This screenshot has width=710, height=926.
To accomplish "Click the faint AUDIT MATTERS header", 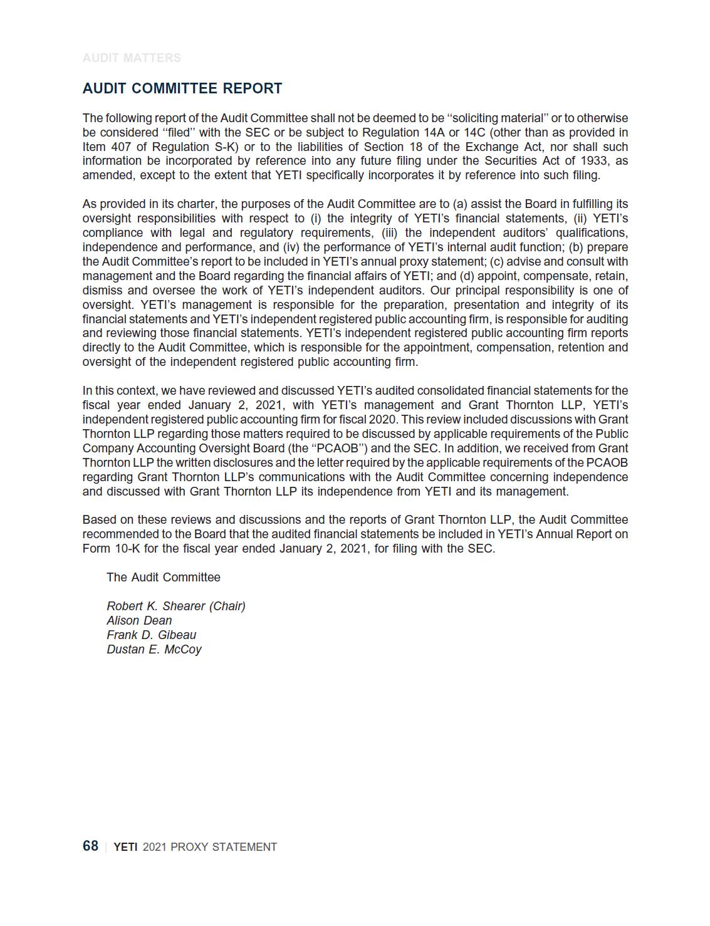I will coord(132,58).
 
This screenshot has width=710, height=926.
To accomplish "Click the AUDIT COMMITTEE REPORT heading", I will coord(182,88).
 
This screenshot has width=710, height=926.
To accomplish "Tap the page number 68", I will coord(90,846).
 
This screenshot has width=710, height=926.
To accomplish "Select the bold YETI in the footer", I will coord(125,847).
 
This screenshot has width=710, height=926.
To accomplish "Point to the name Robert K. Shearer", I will coord(156,606).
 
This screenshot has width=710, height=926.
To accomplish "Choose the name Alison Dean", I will coord(139,620).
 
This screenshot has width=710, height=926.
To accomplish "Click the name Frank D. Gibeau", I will coord(151,635).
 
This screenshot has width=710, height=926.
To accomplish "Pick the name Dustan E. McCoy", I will coord(154,649).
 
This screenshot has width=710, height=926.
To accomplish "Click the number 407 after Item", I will coord(120,147).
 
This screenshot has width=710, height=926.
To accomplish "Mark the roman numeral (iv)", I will coord(291,247).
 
